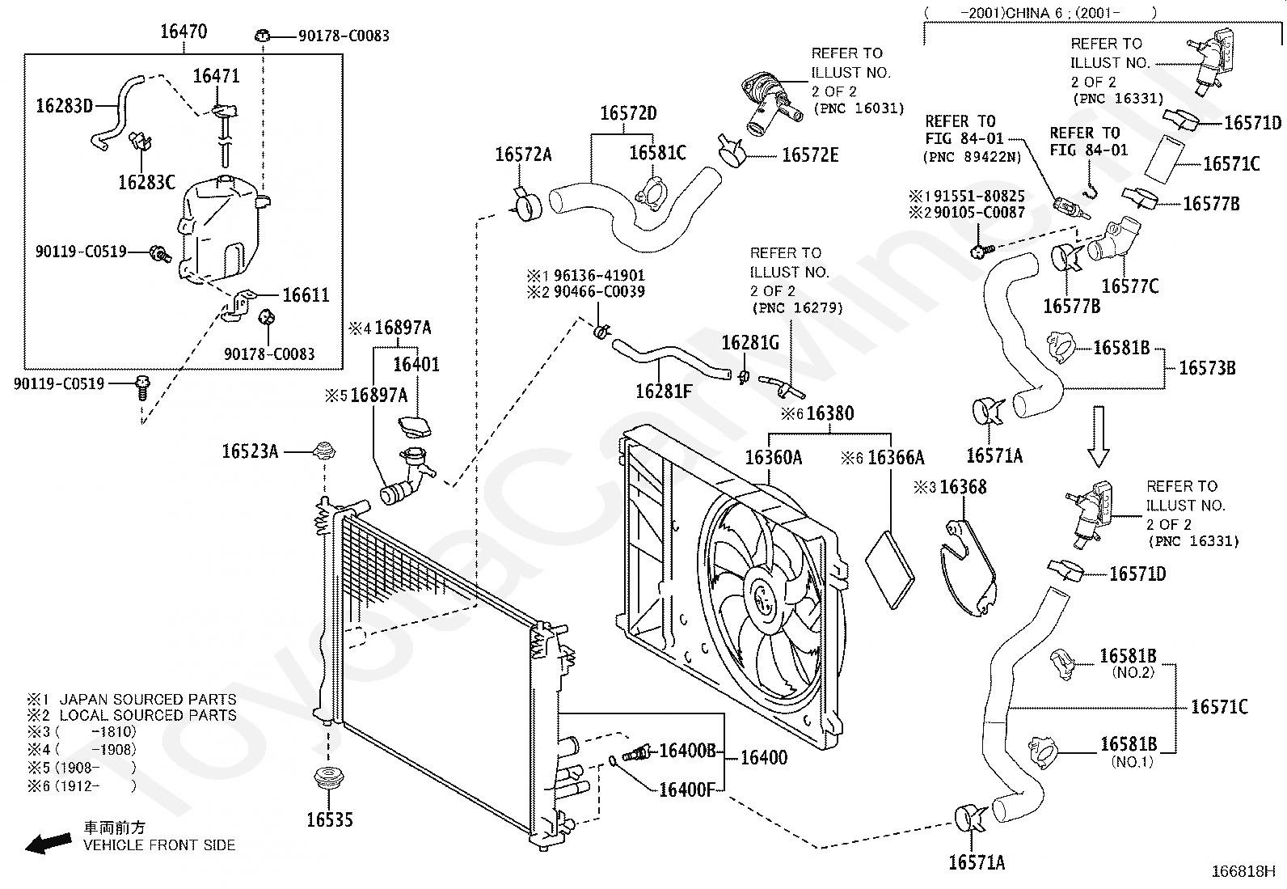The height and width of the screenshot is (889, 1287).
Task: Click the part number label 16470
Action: [x=184, y=32]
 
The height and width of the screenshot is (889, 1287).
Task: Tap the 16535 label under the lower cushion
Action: [x=330, y=819]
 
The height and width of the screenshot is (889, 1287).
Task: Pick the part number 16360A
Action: [x=773, y=458]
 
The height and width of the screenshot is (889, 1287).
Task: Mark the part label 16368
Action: [x=963, y=487]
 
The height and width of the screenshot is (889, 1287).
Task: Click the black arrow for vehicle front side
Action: [x=46, y=843]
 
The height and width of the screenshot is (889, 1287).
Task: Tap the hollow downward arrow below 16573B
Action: [x=1098, y=436]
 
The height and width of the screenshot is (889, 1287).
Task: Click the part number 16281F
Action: [x=664, y=392]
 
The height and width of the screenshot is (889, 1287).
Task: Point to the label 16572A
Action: [x=523, y=155]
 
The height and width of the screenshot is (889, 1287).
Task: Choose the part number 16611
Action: [x=306, y=295]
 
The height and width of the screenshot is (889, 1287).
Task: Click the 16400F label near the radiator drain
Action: [x=686, y=789]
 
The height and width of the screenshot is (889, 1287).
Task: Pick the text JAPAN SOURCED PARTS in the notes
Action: [x=148, y=699]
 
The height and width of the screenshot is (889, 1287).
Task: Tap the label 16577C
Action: [x=1129, y=286]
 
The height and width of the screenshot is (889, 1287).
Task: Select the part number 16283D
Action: [x=65, y=105]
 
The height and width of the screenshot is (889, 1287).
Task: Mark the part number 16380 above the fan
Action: [x=829, y=414]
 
